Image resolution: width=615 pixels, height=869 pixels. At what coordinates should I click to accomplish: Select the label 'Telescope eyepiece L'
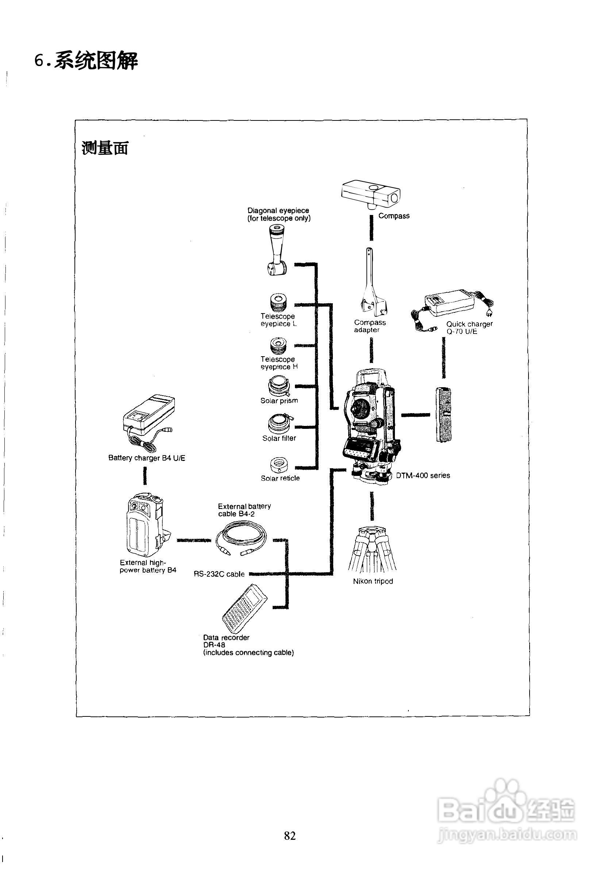pyautogui.click(x=278, y=320)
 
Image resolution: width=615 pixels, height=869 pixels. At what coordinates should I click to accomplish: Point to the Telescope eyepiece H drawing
pyautogui.click(x=278, y=346)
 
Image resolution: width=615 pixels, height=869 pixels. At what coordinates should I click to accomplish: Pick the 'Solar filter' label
pyautogui.click(x=279, y=438)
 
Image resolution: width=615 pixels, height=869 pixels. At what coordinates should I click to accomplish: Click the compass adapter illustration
pyautogui.click(x=373, y=288)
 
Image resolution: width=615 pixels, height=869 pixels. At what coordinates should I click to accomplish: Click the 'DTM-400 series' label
pyautogui.click(x=423, y=476)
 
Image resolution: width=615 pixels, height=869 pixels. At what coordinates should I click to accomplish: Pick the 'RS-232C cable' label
pyautogui.click(x=219, y=574)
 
